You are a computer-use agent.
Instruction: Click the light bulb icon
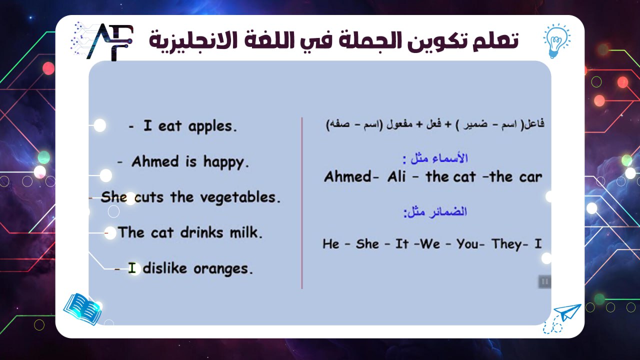click(556, 39)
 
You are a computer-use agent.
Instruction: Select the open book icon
click(82, 308)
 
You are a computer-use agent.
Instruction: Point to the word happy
click(225, 161)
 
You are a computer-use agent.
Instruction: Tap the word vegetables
click(239, 197)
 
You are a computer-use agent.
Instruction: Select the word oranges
click(223, 268)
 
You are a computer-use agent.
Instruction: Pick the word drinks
click(206, 232)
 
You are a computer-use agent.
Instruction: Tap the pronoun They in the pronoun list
click(507, 244)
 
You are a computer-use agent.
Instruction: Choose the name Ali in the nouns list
click(396, 176)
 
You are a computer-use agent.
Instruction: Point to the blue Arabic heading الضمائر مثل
click(435, 212)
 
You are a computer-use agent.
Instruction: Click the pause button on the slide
click(544, 281)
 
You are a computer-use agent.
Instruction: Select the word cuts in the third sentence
click(148, 197)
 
